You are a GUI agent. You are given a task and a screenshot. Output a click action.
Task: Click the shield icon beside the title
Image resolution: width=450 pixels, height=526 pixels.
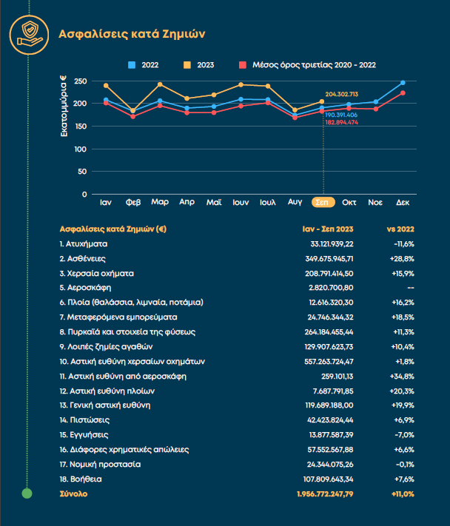pyautogui.click(x=27, y=33)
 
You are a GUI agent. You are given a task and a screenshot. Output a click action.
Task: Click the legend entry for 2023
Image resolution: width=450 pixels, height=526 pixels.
pyautogui.click(x=200, y=65)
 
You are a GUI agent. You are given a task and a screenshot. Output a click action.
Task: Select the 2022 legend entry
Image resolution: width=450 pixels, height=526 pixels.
pyautogui.click(x=144, y=65)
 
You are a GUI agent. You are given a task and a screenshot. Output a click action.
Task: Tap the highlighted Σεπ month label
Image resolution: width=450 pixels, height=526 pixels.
pyautogui.click(x=322, y=201)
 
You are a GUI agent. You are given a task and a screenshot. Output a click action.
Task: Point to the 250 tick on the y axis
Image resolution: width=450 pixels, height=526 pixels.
pyautogui.click(x=81, y=81)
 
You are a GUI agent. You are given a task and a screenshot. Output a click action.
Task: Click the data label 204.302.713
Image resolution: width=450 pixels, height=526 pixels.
pyautogui.click(x=341, y=94)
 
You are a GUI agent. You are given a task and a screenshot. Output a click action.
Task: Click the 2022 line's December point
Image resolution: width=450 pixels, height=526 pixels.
pyautogui.click(x=403, y=83)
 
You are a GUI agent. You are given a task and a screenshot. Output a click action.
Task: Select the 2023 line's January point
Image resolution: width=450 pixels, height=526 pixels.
pyautogui.click(x=106, y=86)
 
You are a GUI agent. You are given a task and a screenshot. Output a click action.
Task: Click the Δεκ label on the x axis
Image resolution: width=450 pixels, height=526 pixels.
pyautogui.click(x=403, y=201)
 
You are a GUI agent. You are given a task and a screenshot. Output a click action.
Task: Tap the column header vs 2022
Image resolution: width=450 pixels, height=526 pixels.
pyautogui.click(x=400, y=229)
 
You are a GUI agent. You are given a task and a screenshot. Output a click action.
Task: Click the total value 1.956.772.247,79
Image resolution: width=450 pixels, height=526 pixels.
pyautogui.click(x=325, y=493)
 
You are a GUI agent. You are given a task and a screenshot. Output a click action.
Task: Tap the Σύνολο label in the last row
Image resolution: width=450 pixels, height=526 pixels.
pyautogui.click(x=73, y=493)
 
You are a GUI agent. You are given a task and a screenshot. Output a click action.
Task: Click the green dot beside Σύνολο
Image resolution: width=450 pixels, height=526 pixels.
pyautogui.click(x=27, y=493)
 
